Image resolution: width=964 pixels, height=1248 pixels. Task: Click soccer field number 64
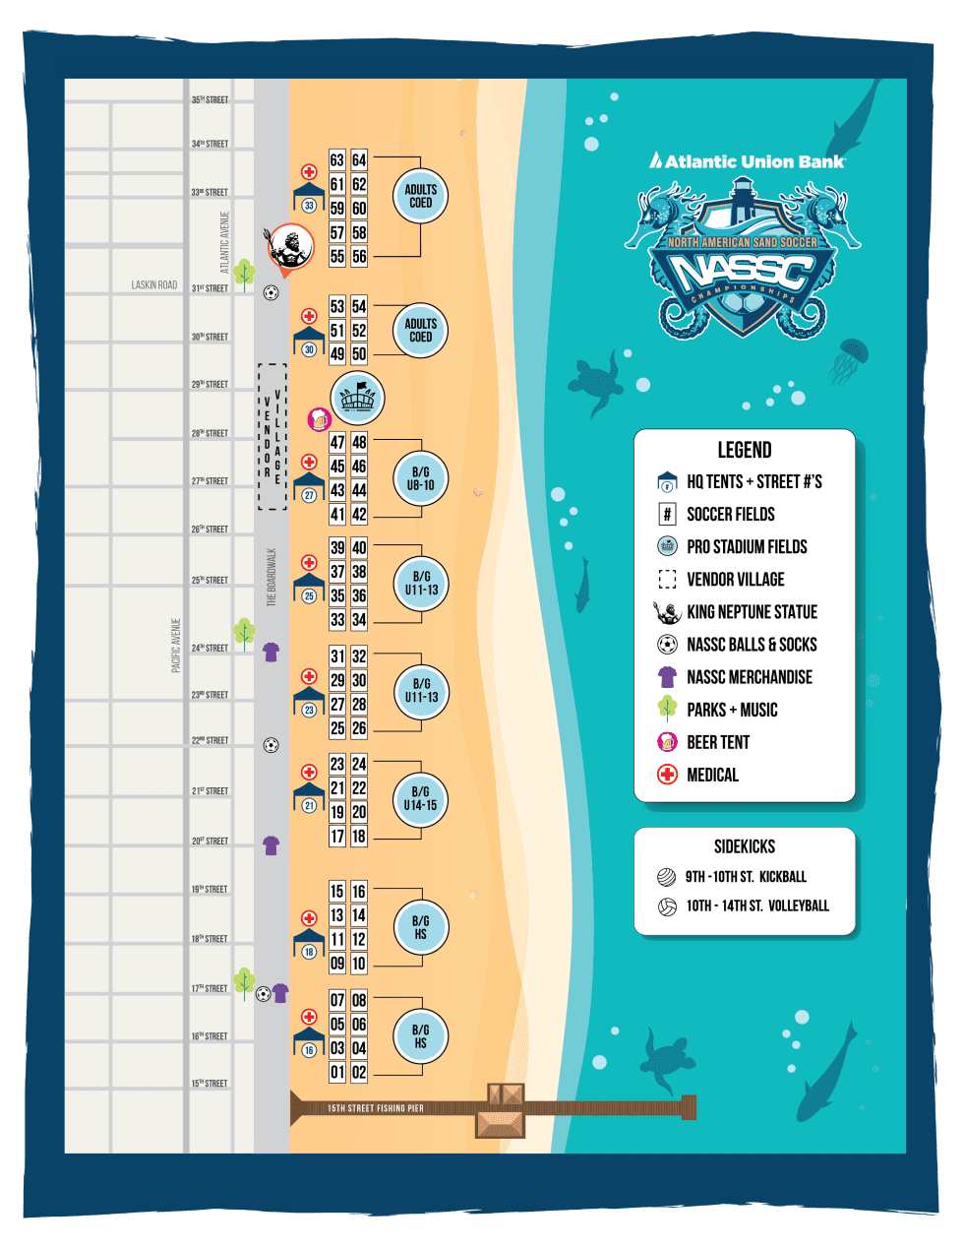point(359,159)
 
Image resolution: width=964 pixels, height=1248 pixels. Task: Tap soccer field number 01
point(337,1072)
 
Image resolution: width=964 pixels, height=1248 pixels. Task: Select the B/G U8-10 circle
point(420,478)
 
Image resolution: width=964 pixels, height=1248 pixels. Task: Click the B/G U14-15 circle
point(420,798)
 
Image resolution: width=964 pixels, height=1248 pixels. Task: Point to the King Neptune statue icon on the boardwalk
point(290,247)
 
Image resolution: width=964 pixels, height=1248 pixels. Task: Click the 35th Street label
point(210,99)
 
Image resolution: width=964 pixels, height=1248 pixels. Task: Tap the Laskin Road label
point(154,285)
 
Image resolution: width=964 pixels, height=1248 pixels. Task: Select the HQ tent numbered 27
point(309,486)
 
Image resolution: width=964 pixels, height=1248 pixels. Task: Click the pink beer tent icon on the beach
point(320,419)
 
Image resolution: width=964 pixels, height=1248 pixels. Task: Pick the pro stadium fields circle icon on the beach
point(357,398)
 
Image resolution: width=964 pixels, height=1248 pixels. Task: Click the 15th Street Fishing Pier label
point(375,1108)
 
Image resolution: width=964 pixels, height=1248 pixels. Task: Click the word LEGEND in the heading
point(744,450)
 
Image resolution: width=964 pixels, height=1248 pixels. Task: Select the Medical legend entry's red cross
point(668,775)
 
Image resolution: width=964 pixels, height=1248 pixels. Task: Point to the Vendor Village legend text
point(735,579)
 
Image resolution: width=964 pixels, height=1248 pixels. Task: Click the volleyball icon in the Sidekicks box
point(668,905)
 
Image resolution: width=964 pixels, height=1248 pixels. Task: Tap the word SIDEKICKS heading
point(744,846)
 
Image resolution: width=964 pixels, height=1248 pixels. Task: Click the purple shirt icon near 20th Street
point(271,844)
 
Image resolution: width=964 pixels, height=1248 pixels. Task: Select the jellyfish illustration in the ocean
point(849,359)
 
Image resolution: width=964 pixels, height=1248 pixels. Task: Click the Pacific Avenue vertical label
point(176,646)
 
